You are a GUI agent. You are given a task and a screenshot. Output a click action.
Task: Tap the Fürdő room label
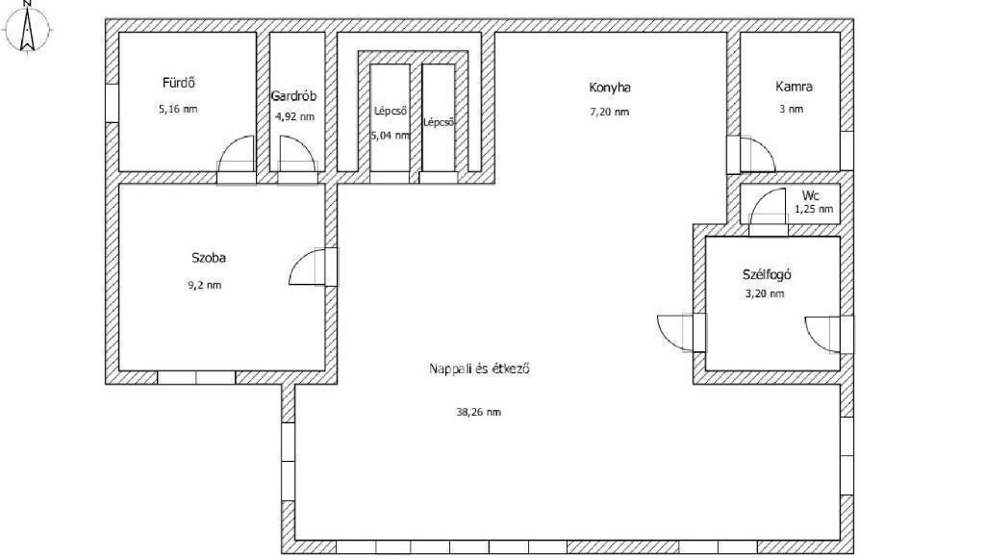[178, 83]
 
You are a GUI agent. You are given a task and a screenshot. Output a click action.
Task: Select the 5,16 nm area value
[178, 109]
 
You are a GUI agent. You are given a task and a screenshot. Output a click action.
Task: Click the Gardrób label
[293, 96]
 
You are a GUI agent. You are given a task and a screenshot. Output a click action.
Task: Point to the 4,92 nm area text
[294, 116]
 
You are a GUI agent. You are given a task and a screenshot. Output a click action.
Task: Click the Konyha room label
[609, 88]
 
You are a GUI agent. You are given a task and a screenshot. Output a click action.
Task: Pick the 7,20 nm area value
[609, 113]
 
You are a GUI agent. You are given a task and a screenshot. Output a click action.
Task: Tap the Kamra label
[794, 87]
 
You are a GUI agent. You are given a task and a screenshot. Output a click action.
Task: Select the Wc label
[810, 196]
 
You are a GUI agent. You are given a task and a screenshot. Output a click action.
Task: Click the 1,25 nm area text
[814, 209]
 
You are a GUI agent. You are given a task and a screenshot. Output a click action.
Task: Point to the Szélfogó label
[767, 274]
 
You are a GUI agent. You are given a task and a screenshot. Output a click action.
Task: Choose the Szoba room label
[209, 258]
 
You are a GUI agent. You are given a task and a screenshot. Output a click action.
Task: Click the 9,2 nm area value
[205, 285]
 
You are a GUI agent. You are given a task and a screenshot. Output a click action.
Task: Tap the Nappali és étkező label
[479, 368]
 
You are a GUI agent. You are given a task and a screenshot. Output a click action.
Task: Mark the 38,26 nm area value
[479, 412]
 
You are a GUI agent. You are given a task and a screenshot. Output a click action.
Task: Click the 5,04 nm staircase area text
[391, 135]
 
